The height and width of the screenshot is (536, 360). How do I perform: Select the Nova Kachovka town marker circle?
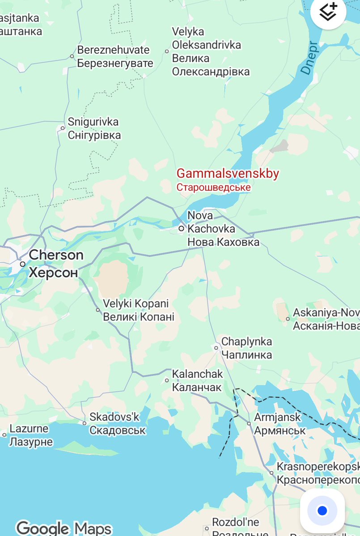pyautogui.click(x=181, y=228)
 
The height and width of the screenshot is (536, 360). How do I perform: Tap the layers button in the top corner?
pyautogui.click(x=328, y=13)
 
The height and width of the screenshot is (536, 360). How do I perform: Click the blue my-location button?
pyautogui.click(x=322, y=511)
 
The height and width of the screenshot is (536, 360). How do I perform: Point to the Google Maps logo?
pyautogui.click(x=64, y=528)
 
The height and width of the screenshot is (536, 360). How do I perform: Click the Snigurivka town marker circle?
pyautogui.click(x=63, y=128)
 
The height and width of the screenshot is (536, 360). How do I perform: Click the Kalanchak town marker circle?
pyautogui.click(x=167, y=380)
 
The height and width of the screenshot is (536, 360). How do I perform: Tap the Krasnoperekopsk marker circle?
pyautogui.click(x=271, y=473)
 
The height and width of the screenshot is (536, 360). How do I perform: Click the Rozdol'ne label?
pyautogui.click(x=236, y=522)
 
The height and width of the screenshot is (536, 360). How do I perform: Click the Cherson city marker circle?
pyautogui.click(x=22, y=264)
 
